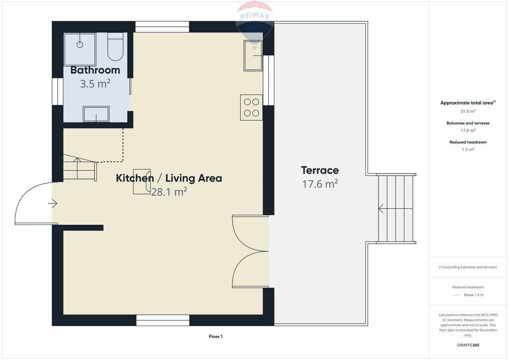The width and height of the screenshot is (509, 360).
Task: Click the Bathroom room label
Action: pos(95,70)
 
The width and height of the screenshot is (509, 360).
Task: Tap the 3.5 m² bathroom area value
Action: pos(95,84)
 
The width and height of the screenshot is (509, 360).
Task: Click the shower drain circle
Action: pos(80,44)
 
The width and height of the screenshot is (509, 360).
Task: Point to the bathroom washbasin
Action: pos(96,114)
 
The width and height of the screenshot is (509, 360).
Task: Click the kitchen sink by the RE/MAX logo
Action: pos(253,56)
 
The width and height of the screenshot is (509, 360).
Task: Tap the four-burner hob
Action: pos(251,107)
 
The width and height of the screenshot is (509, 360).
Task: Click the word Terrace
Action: pos(320,171)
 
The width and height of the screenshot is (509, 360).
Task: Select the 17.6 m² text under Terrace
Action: pos(320,184)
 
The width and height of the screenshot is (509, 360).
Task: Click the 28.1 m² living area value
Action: pos(169,192)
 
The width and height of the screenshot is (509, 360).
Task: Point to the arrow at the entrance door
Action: pos(53,203)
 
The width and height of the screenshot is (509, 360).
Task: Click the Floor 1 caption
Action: pos(216,337)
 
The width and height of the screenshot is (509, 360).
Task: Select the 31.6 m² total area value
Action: pos(468,111)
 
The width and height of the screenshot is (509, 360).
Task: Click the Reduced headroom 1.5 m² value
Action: pos(468,149)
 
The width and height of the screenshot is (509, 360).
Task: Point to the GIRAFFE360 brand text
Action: pos(468,345)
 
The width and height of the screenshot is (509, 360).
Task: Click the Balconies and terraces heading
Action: pos(468,123)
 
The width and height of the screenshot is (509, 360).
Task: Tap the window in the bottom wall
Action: pos(163,320)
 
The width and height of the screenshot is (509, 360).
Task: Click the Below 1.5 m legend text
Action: pos(474,295)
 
